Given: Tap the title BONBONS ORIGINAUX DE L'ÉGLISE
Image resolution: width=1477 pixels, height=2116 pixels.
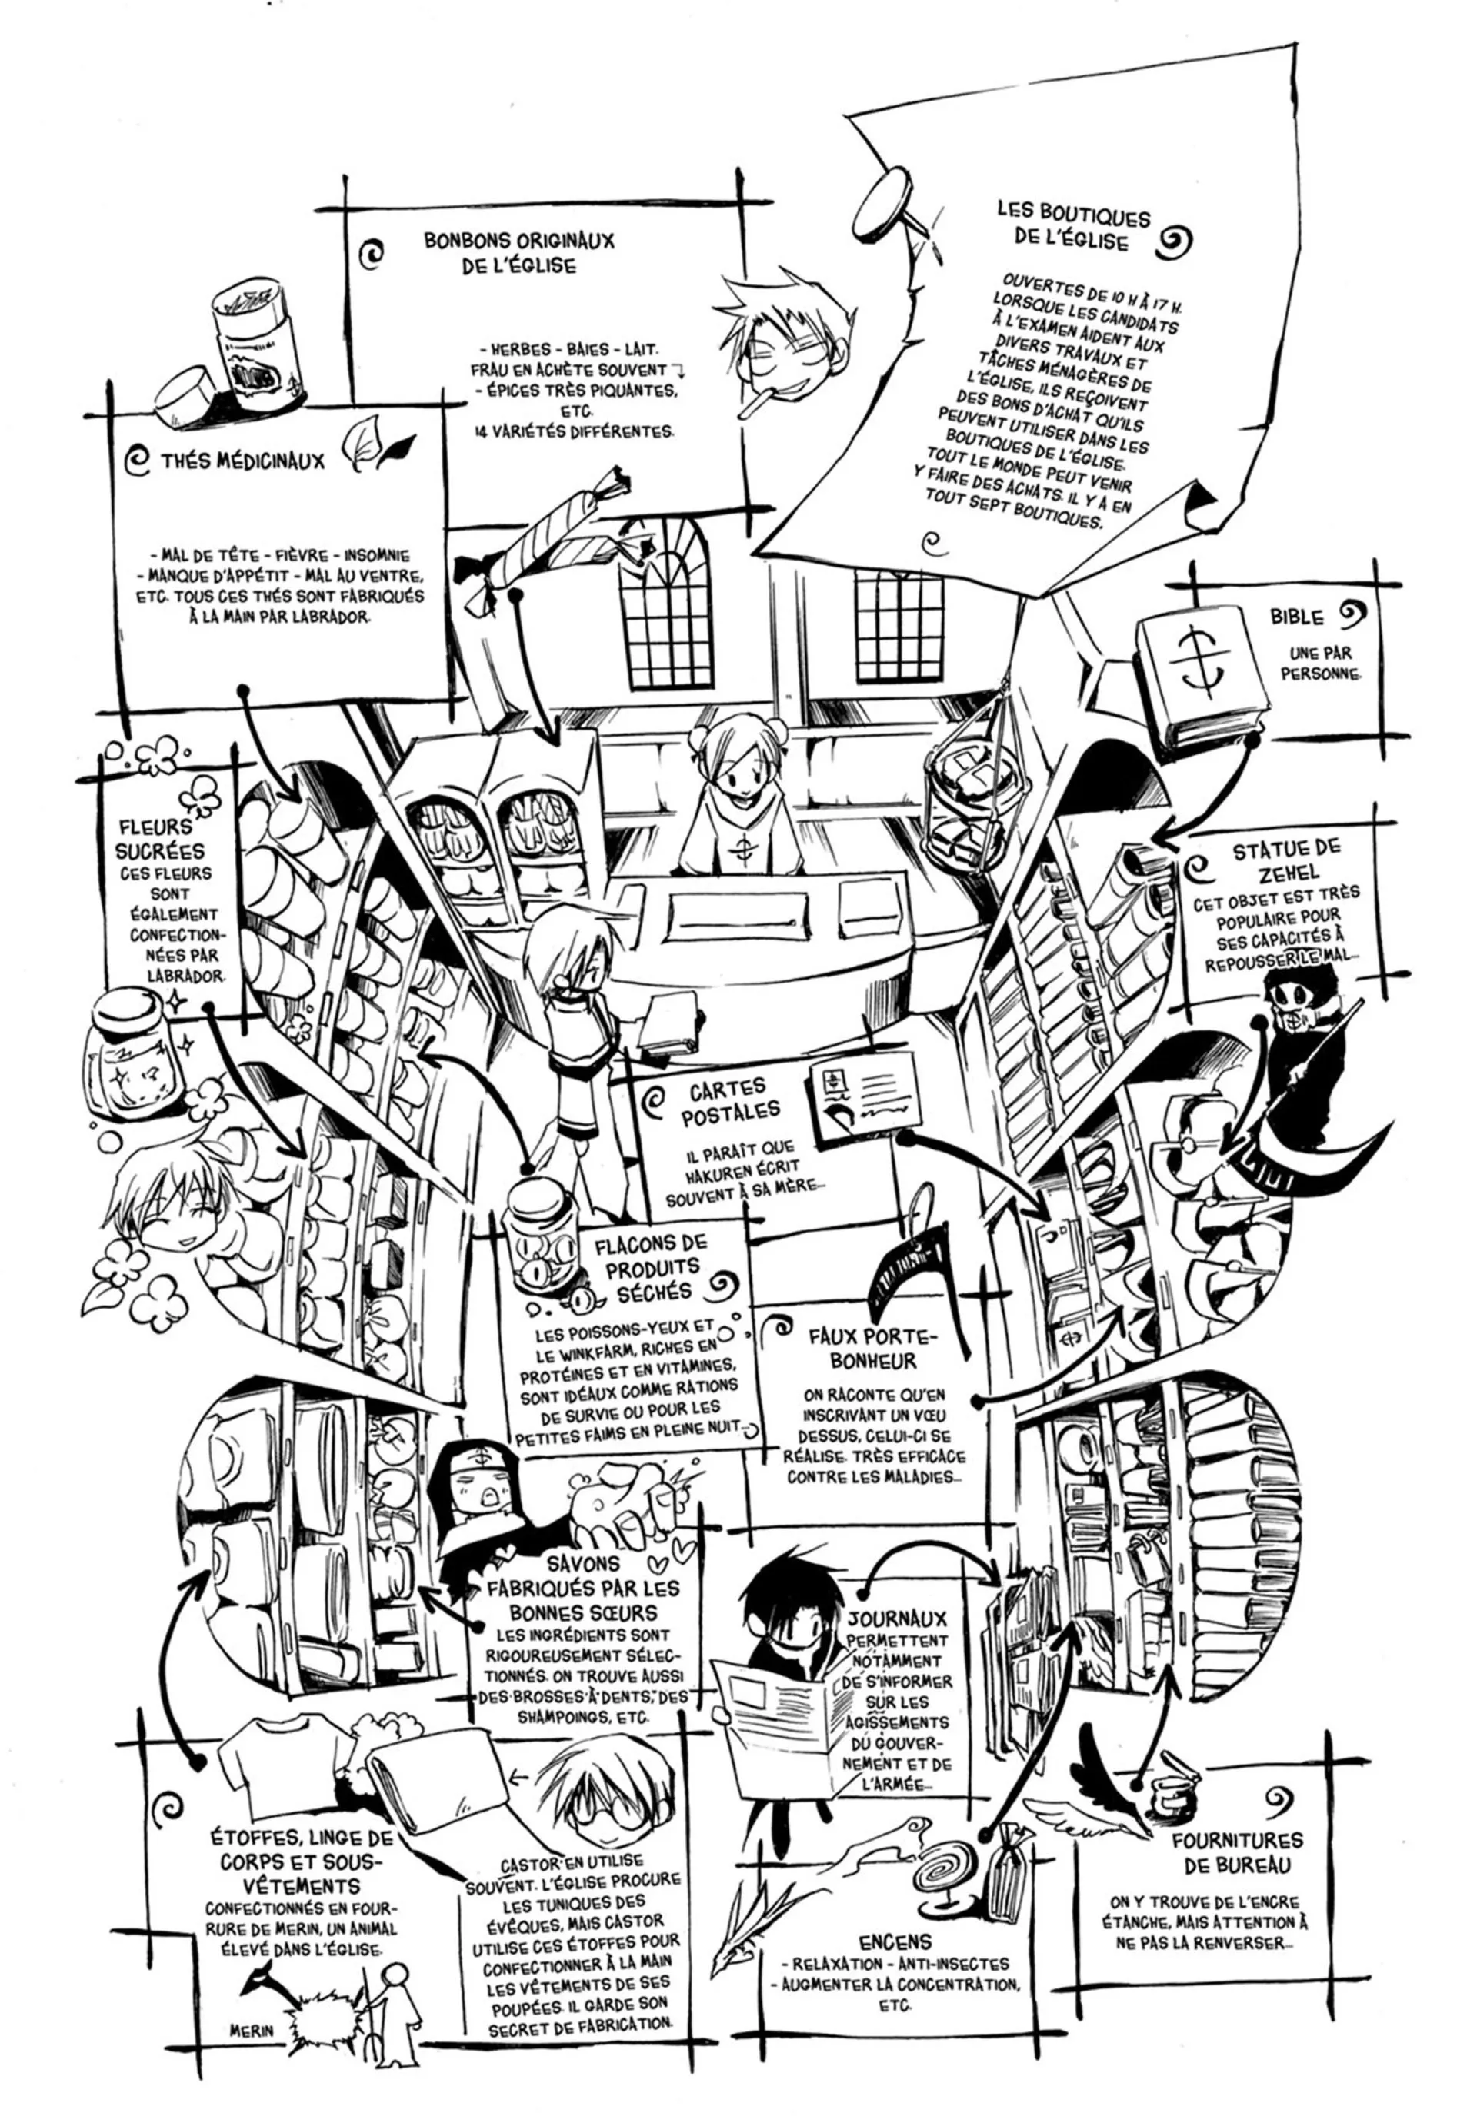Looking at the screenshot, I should (x=518, y=252).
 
